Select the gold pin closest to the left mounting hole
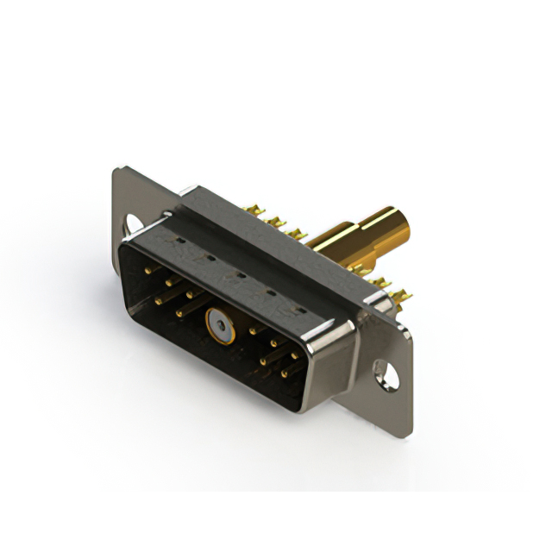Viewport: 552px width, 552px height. click(147, 270)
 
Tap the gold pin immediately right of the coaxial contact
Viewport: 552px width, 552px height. click(253, 329)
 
